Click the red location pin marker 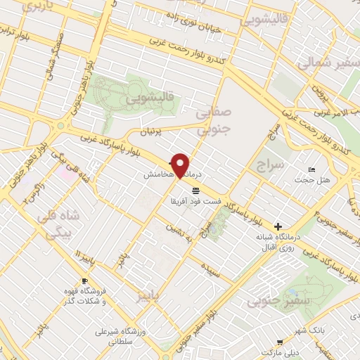point(181,165)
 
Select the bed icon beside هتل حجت point(312,171)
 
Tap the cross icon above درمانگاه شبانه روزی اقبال point(279,226)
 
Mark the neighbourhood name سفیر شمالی point(330,63)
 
